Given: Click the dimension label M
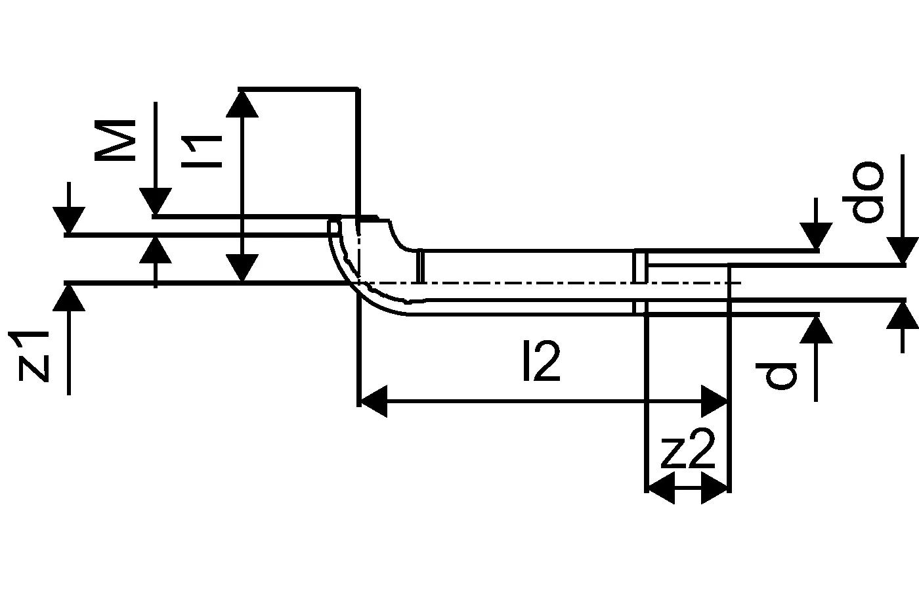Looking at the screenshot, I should pyautogui.click(x=115, y=140).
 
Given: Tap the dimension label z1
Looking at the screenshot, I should pyautogui.click(x=33, y=356).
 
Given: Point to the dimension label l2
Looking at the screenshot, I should pyautogui.click(x=541, y=362).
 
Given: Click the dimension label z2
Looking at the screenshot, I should pyautogui.click(x=687, y=452).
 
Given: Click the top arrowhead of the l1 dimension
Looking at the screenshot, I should pyautogui.click(x=242, y=103).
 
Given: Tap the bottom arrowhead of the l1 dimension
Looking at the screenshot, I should pyautogui.click(x=242, y=269).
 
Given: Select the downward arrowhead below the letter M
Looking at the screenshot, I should pyautogui.click(x=156, y=202).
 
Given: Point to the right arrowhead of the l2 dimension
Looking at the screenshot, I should pyautogui.click(x=714, y=401).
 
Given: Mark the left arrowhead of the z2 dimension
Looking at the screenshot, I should pyautogui.click(x=660, y=490).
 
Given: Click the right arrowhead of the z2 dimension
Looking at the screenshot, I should pyautogui.click(x=716, y=490).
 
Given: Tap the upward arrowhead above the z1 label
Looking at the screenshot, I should pyautogui.click(x=68, y=297).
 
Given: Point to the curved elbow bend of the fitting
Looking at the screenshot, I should pyautogui.click(x=368, y=276).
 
